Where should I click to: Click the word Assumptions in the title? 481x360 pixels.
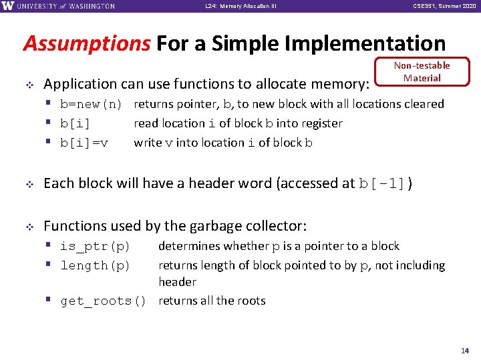point(86,44)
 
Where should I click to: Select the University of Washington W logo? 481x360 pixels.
point(9,6)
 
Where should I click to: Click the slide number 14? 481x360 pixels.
point(465,350)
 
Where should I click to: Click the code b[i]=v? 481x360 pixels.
point(85,143)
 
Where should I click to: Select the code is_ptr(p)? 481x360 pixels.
point(95,247)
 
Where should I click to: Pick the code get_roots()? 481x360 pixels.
point(103,301)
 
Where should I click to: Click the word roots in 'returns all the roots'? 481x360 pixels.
point(251,301)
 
